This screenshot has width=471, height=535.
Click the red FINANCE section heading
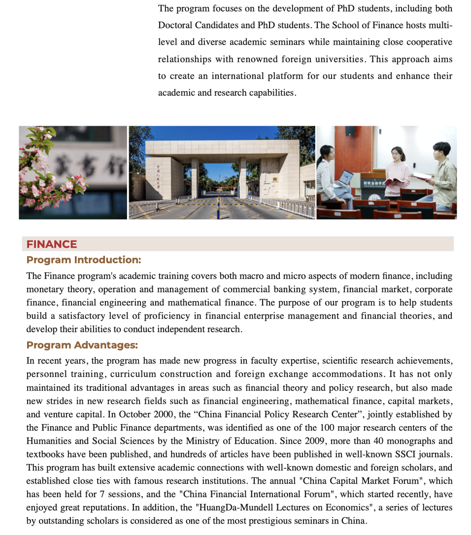pos(52,244)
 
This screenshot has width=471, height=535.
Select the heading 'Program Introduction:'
pos(84,260)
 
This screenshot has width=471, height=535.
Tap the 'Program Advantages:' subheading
pos(82,345)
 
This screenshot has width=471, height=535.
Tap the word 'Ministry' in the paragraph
pos(202,441)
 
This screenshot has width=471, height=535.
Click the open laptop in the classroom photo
pos(344,178)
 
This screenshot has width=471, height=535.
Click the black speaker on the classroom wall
pos(350,131)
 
